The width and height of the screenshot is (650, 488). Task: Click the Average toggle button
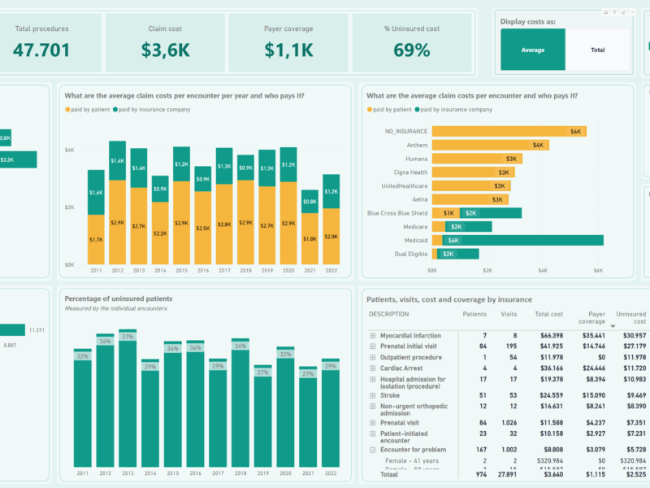click(x=532, y=50)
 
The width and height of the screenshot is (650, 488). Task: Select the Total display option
click(x=597, y=50)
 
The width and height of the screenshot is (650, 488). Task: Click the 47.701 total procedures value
click(x=41, y=50)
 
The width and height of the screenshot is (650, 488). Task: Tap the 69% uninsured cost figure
click(x=412, y=50)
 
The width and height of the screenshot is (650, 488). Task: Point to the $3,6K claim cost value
click(x=165, y=50)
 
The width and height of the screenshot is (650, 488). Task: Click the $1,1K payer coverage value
click(x=288, y=50)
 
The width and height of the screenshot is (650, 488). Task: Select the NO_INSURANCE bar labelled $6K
click(x=509, y=131)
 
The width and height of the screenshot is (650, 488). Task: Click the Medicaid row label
click(x=412, y=241)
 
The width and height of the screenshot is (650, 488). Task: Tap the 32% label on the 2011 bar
click(x=82, y=355)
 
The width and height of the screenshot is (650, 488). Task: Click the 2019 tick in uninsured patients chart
click(x=262, y=473)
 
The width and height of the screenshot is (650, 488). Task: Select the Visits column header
click(x=509, y=314)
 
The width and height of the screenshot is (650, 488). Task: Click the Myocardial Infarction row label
click(x=411, y=335)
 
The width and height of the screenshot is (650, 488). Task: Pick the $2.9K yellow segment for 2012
click(x=118, y=222)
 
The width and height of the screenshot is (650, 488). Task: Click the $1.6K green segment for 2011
click(x=97, y=193)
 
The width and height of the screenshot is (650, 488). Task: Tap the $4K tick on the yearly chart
click(x=70, y=150)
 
